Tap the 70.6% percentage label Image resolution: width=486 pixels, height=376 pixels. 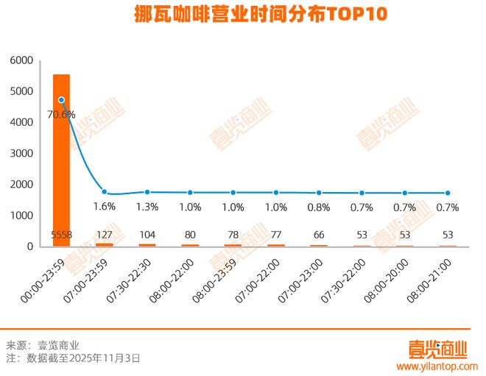[61, 114]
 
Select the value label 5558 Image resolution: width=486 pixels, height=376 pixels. [61, 235]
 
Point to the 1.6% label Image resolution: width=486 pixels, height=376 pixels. [105, 207]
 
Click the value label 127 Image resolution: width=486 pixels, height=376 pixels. [104, 235]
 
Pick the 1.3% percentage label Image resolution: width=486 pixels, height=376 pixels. [147, 207]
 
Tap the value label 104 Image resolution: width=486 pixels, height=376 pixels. [147, 235]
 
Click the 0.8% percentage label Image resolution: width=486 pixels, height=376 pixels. [318, 207]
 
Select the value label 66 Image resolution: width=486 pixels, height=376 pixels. [317, 235]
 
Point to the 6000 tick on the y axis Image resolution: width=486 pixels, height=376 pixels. [22, 60]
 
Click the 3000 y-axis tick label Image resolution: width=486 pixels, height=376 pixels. [22, 153]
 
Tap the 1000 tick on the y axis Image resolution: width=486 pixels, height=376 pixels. [22, 216]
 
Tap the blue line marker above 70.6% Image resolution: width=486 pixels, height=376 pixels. [62, 100]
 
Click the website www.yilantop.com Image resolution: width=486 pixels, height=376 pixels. [437, 366]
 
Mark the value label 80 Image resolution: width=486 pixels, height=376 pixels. [190, 235]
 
